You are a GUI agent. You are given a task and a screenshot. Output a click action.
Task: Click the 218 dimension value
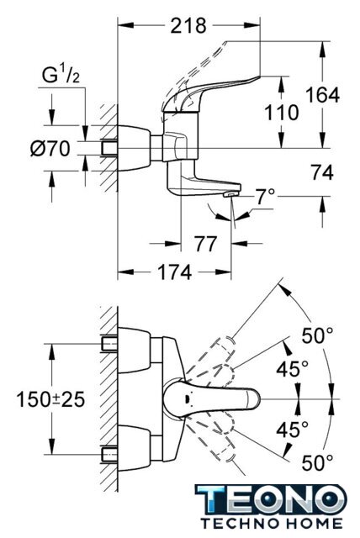[188, 26]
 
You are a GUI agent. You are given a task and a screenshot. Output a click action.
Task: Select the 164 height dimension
[322, 95]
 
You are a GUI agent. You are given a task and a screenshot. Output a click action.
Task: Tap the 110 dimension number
[282, 113]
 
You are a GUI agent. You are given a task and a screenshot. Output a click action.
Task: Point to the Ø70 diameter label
[50, 149]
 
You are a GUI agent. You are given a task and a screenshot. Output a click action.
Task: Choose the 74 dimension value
[322, 172]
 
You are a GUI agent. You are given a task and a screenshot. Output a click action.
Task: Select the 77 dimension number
[206, 244]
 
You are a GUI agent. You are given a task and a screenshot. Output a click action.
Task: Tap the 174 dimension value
[174, 272]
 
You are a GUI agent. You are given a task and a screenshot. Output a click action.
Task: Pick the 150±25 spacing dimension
[50, 399]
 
